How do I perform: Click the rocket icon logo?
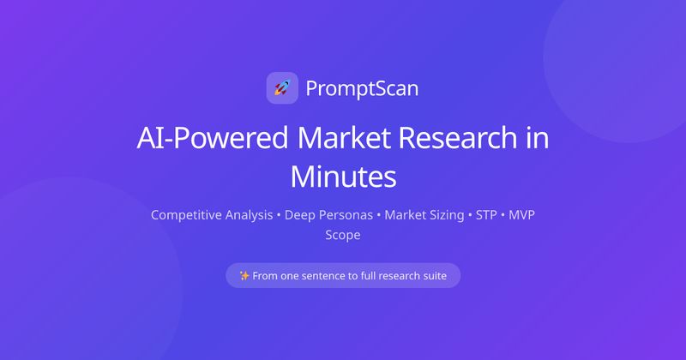282,87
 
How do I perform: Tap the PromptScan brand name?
362,87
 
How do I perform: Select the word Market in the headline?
337,139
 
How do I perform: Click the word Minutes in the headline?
343,177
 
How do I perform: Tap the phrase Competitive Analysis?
212,214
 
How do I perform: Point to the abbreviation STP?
486,214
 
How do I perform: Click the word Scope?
343,234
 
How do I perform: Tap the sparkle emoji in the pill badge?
244,276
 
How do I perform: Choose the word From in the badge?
267,276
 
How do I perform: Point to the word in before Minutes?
537,139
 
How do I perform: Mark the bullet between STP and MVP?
502,214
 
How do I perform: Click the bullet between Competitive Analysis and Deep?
279,214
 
